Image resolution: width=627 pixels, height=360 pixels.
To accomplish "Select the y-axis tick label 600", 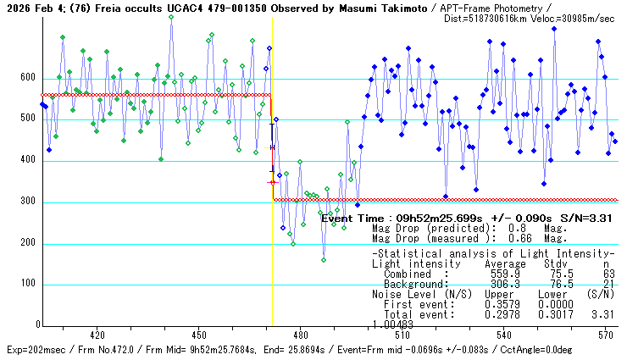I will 28,78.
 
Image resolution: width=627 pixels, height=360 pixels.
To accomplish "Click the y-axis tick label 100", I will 28,285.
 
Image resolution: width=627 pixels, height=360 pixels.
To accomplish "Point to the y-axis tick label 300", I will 28,202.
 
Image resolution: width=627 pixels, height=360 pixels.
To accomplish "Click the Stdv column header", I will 558,263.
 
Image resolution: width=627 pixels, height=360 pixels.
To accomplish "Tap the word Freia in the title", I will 97,8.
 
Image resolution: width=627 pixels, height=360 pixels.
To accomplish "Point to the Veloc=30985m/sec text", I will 565,18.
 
